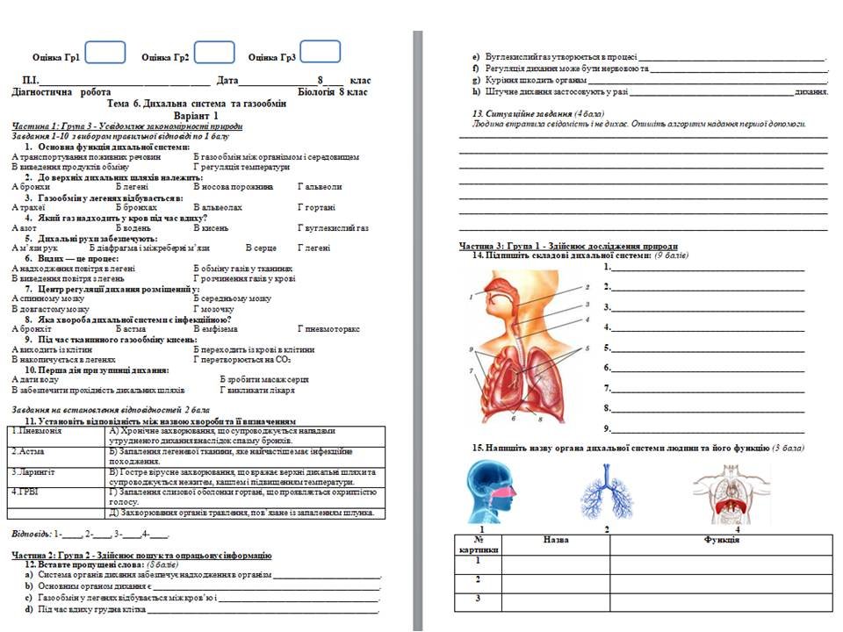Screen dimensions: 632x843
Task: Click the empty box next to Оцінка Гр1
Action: pos(105,54)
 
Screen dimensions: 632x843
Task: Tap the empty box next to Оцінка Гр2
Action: pos(214,54)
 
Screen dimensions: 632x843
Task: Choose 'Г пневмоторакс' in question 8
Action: pos(329,328)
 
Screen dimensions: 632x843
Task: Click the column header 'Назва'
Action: pos(557,540)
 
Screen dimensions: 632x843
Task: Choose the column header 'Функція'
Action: pos(721,540)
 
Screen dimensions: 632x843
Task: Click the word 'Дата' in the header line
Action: pos(227,81)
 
